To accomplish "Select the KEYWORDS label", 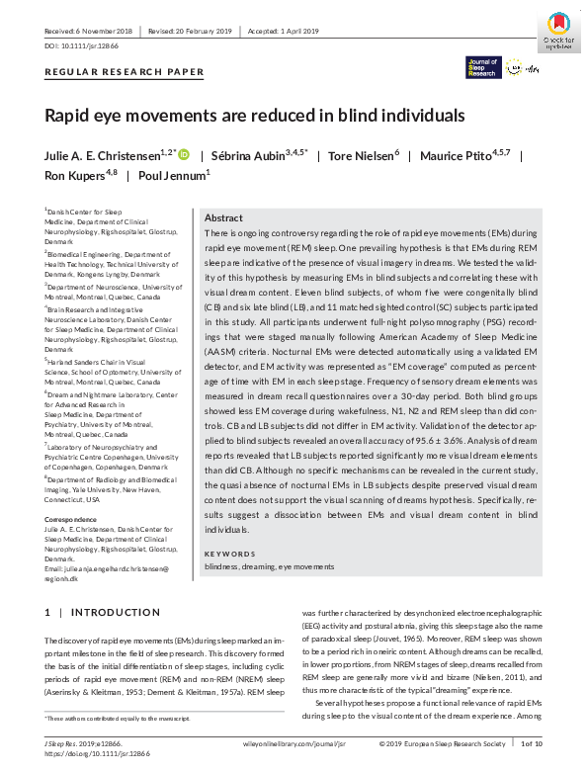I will click(229, 555).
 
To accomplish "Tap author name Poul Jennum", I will click(175, 175).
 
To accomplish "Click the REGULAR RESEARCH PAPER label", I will click(125, 72).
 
